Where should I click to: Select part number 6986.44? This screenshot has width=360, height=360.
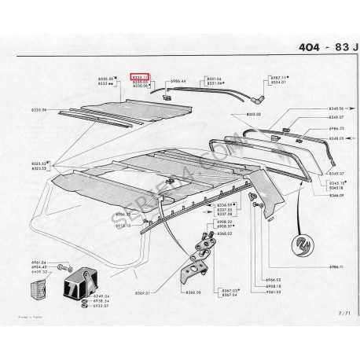(x=175, y=81)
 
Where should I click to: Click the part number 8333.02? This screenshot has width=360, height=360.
(x=252, y=114)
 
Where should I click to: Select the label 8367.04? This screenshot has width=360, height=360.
(x=230, y=295)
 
